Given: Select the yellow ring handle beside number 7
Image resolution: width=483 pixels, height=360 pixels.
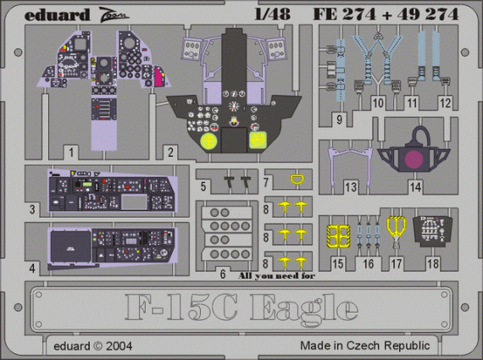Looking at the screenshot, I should tap(296, 180).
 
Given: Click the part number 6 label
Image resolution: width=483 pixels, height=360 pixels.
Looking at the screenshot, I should tap(222, 274).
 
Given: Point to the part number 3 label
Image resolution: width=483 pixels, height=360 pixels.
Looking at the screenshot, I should tap(31, 208).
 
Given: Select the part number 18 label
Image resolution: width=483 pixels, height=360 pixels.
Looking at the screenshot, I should tap(434, 264).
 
